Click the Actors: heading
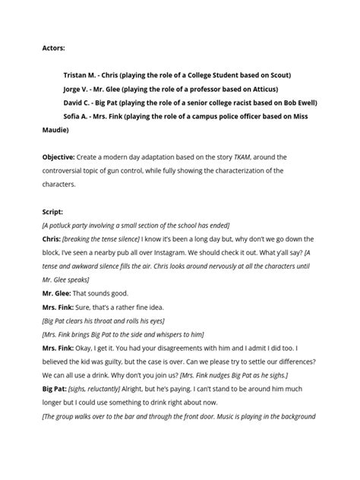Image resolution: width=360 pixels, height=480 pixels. coord(53,48)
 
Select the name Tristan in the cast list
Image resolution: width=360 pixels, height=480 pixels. coord(76,75)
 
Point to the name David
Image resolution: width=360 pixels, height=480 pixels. coord(74,103)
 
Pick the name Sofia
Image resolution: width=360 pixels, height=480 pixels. coord(74,116)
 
